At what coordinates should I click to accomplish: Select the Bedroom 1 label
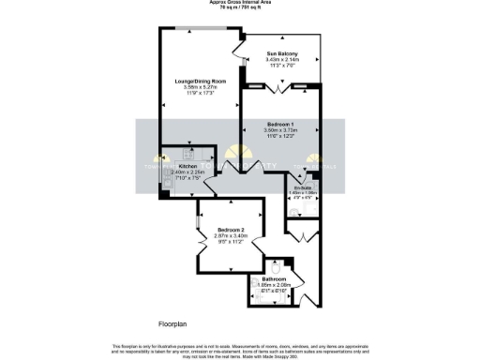[280, 125]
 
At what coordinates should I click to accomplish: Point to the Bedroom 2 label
[232, 230]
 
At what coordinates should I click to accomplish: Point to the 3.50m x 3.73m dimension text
[280, 131]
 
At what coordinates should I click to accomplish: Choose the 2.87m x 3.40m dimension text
[232, 236]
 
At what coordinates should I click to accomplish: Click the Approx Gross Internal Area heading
[240, 3]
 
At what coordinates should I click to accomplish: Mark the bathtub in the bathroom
[259, 292]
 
